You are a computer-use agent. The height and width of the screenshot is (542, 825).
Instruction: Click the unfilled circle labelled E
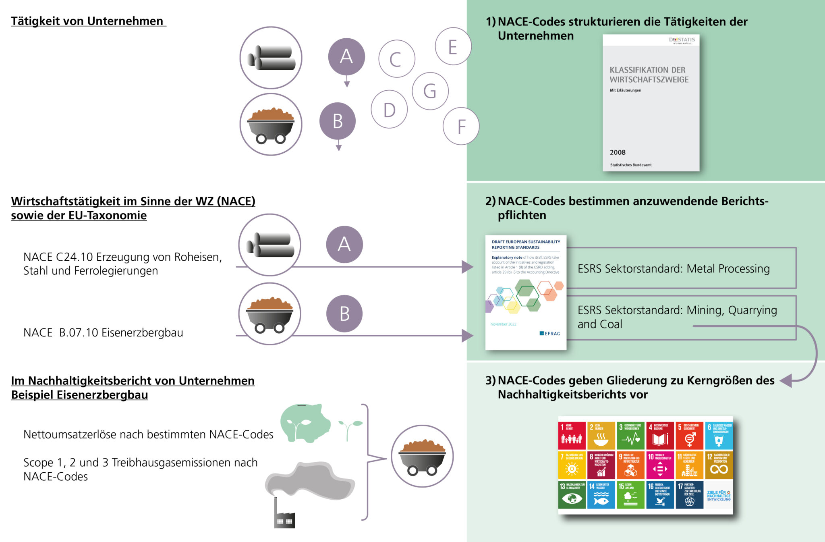click(x=453, y=47)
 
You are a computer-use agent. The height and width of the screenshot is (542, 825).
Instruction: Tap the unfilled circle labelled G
click(x=430, y=91)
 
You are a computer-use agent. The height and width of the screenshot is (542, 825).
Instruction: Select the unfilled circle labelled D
click(x=389, y=110)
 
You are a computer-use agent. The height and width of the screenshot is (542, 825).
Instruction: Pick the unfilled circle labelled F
click(x=461, y=127)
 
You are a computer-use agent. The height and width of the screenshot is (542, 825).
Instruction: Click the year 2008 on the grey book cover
click(x=618, y=152)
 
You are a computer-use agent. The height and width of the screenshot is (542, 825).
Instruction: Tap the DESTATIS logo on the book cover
click(x=682, y=40)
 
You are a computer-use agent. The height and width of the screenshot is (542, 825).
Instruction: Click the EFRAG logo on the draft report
click(x=550, y=334)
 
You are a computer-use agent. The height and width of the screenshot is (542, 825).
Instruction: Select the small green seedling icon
click(x=350, y=428)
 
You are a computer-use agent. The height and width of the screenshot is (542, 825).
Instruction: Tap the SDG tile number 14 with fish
click(x=601, y=494)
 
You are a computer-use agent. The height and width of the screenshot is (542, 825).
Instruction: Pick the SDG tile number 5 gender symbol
click(x=689, y=435)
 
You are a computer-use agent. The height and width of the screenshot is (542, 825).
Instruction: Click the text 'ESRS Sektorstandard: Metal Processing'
click(x=674, y=269)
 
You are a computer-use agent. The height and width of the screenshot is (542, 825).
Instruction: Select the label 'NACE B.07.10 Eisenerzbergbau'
click(x=103, y=332)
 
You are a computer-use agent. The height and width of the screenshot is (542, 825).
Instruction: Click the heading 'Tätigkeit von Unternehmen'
click(x=87, y=21)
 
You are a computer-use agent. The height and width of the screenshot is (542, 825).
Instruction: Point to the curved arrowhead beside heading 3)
click(x=787, y=380)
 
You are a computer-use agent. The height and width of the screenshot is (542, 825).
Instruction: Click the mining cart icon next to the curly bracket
click(x=422, y=456)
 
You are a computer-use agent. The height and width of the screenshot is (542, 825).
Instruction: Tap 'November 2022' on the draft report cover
click(x=503, y=324)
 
